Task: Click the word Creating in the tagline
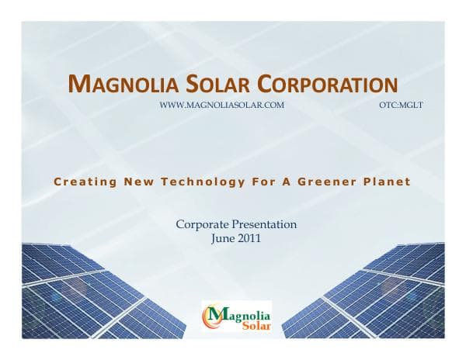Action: coord(83,182)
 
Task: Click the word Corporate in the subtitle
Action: coord(202,225)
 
